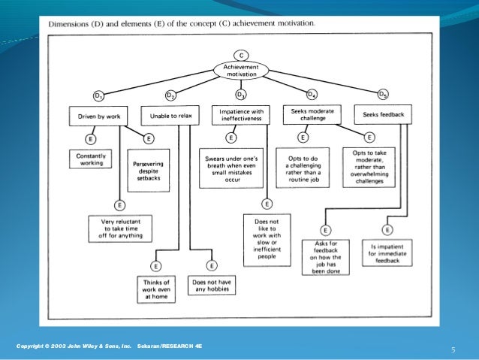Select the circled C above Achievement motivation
[x=240, y=55]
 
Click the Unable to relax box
[x=170, y=116]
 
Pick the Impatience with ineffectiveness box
[x=240, y=115]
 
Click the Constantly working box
[x=90, y=159]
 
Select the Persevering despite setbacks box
[x=148, y=169]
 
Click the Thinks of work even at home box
[x=156, y=288]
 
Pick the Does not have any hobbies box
[x=211, y=284]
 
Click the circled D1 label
[x=98, y=96]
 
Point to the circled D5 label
[x=384, y=95]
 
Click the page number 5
[x=453, y=349]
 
